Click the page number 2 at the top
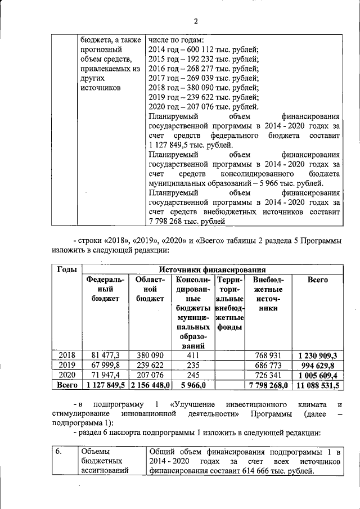tap(196, 22)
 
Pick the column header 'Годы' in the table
tap(67, 269)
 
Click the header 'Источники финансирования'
tap(213, 269)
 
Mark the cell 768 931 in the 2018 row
tap(267, 355)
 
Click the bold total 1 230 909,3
tap(318, 355)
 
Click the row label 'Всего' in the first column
tap(67, 385)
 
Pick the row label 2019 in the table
tap(67, 365)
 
